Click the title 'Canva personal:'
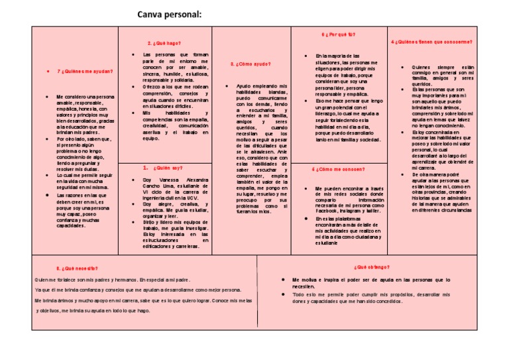pos(170,15)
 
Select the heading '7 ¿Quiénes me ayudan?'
pos(85,71)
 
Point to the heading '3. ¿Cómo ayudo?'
pos(251,64)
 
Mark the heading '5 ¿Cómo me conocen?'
pos(337,168)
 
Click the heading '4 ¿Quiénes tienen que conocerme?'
pos(431,41)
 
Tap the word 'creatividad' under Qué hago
pos(158,125)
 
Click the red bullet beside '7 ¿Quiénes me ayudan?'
pos(50,71)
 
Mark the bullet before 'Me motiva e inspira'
pos(283,280)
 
